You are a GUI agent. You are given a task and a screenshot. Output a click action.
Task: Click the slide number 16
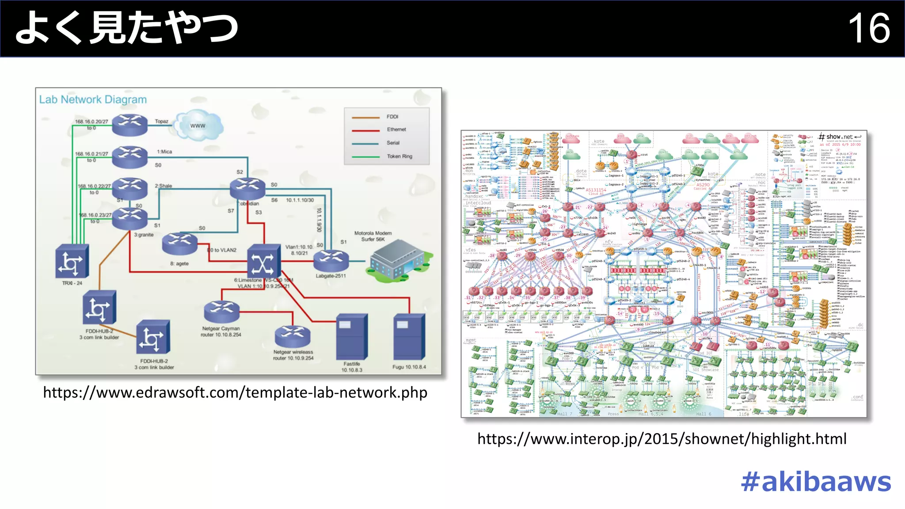(x=869, y=28)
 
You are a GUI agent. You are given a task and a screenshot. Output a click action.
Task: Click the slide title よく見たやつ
(x=127, y=28)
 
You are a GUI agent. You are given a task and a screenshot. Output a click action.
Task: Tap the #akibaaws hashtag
(x=816, y=482)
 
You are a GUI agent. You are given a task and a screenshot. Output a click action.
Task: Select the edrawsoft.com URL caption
(x=235, y=392)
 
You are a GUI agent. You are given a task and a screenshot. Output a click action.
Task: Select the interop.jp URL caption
(x=662, y=439)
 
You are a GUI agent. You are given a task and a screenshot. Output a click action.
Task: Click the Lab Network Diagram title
(x=93, y=100)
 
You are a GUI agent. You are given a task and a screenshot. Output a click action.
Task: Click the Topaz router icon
(x=129, y=125)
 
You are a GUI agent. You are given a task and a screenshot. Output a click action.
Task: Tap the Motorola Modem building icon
(x=397, y=261)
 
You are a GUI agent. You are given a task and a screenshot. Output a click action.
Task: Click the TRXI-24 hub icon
(x=72, y=262)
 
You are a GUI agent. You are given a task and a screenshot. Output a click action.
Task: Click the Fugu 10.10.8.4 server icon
(x=409, y=337)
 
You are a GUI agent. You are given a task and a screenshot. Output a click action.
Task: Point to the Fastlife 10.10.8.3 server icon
(x=351, y=337)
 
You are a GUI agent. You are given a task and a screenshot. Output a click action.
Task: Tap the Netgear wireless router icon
(x=293, y=337)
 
